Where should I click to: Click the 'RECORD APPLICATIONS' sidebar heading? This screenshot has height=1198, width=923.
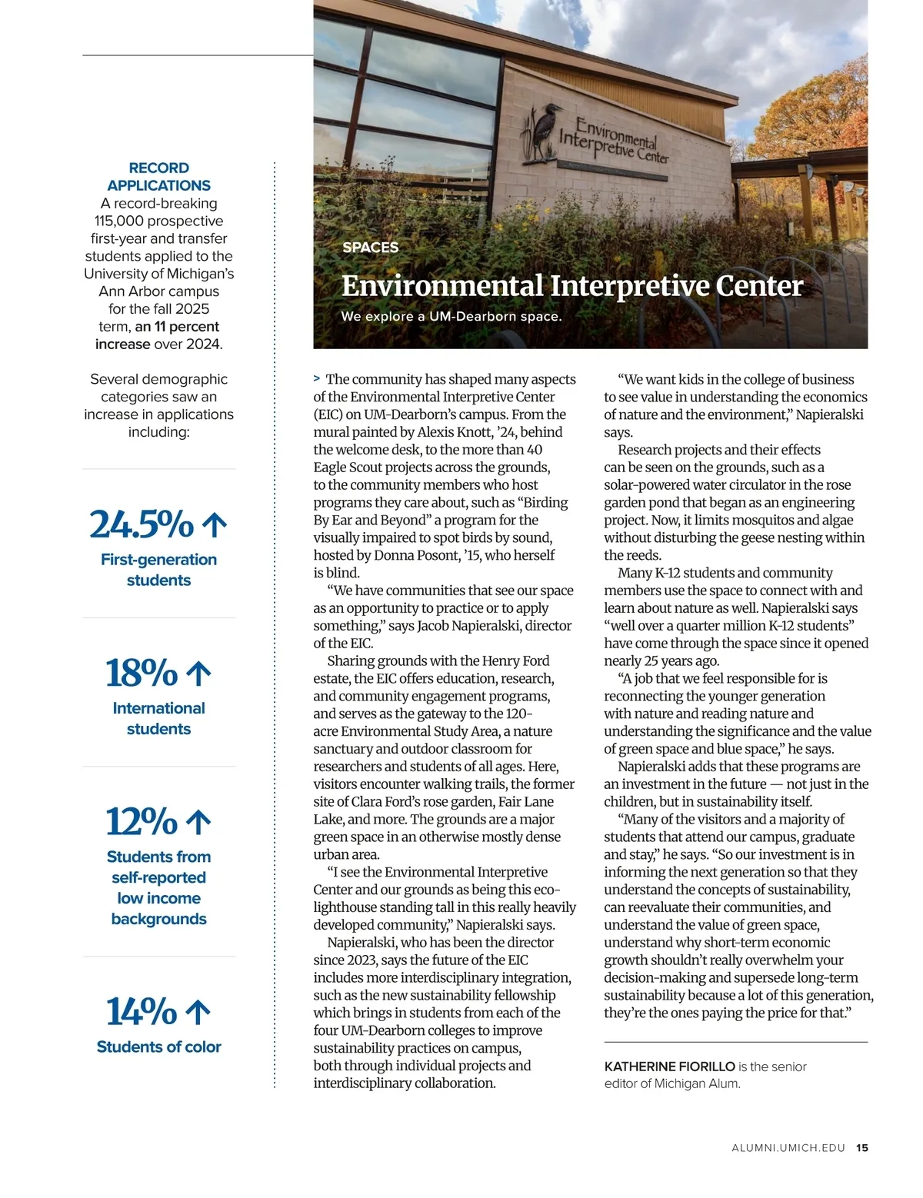(x=158, y=177)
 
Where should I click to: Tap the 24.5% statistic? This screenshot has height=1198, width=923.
(x=142, y=524)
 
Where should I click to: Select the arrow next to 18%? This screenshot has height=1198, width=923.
(x=198, y=674)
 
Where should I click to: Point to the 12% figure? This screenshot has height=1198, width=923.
(x=142, y=821)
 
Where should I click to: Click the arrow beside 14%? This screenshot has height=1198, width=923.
(x=198, y=1012)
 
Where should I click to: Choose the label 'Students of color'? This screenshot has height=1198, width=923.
(x=158, y=1047)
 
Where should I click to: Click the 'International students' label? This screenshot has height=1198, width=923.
(x=158, y=718)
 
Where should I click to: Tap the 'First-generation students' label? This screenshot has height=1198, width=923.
(x=158, y=570)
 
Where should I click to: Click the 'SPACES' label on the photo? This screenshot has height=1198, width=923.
(x=370, y=248)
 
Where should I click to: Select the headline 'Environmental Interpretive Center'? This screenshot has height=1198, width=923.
(x=571, y=286)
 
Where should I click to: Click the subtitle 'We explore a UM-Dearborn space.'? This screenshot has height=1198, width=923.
(x=451, y=316)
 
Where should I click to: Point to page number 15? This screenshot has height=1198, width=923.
(x=862, y=1148)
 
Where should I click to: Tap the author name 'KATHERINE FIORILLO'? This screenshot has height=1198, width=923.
(x=669, y=1067)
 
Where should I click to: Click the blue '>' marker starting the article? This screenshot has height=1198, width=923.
(x=317, y=378)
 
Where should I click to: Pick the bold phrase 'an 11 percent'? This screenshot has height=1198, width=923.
(x=177, y=327)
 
